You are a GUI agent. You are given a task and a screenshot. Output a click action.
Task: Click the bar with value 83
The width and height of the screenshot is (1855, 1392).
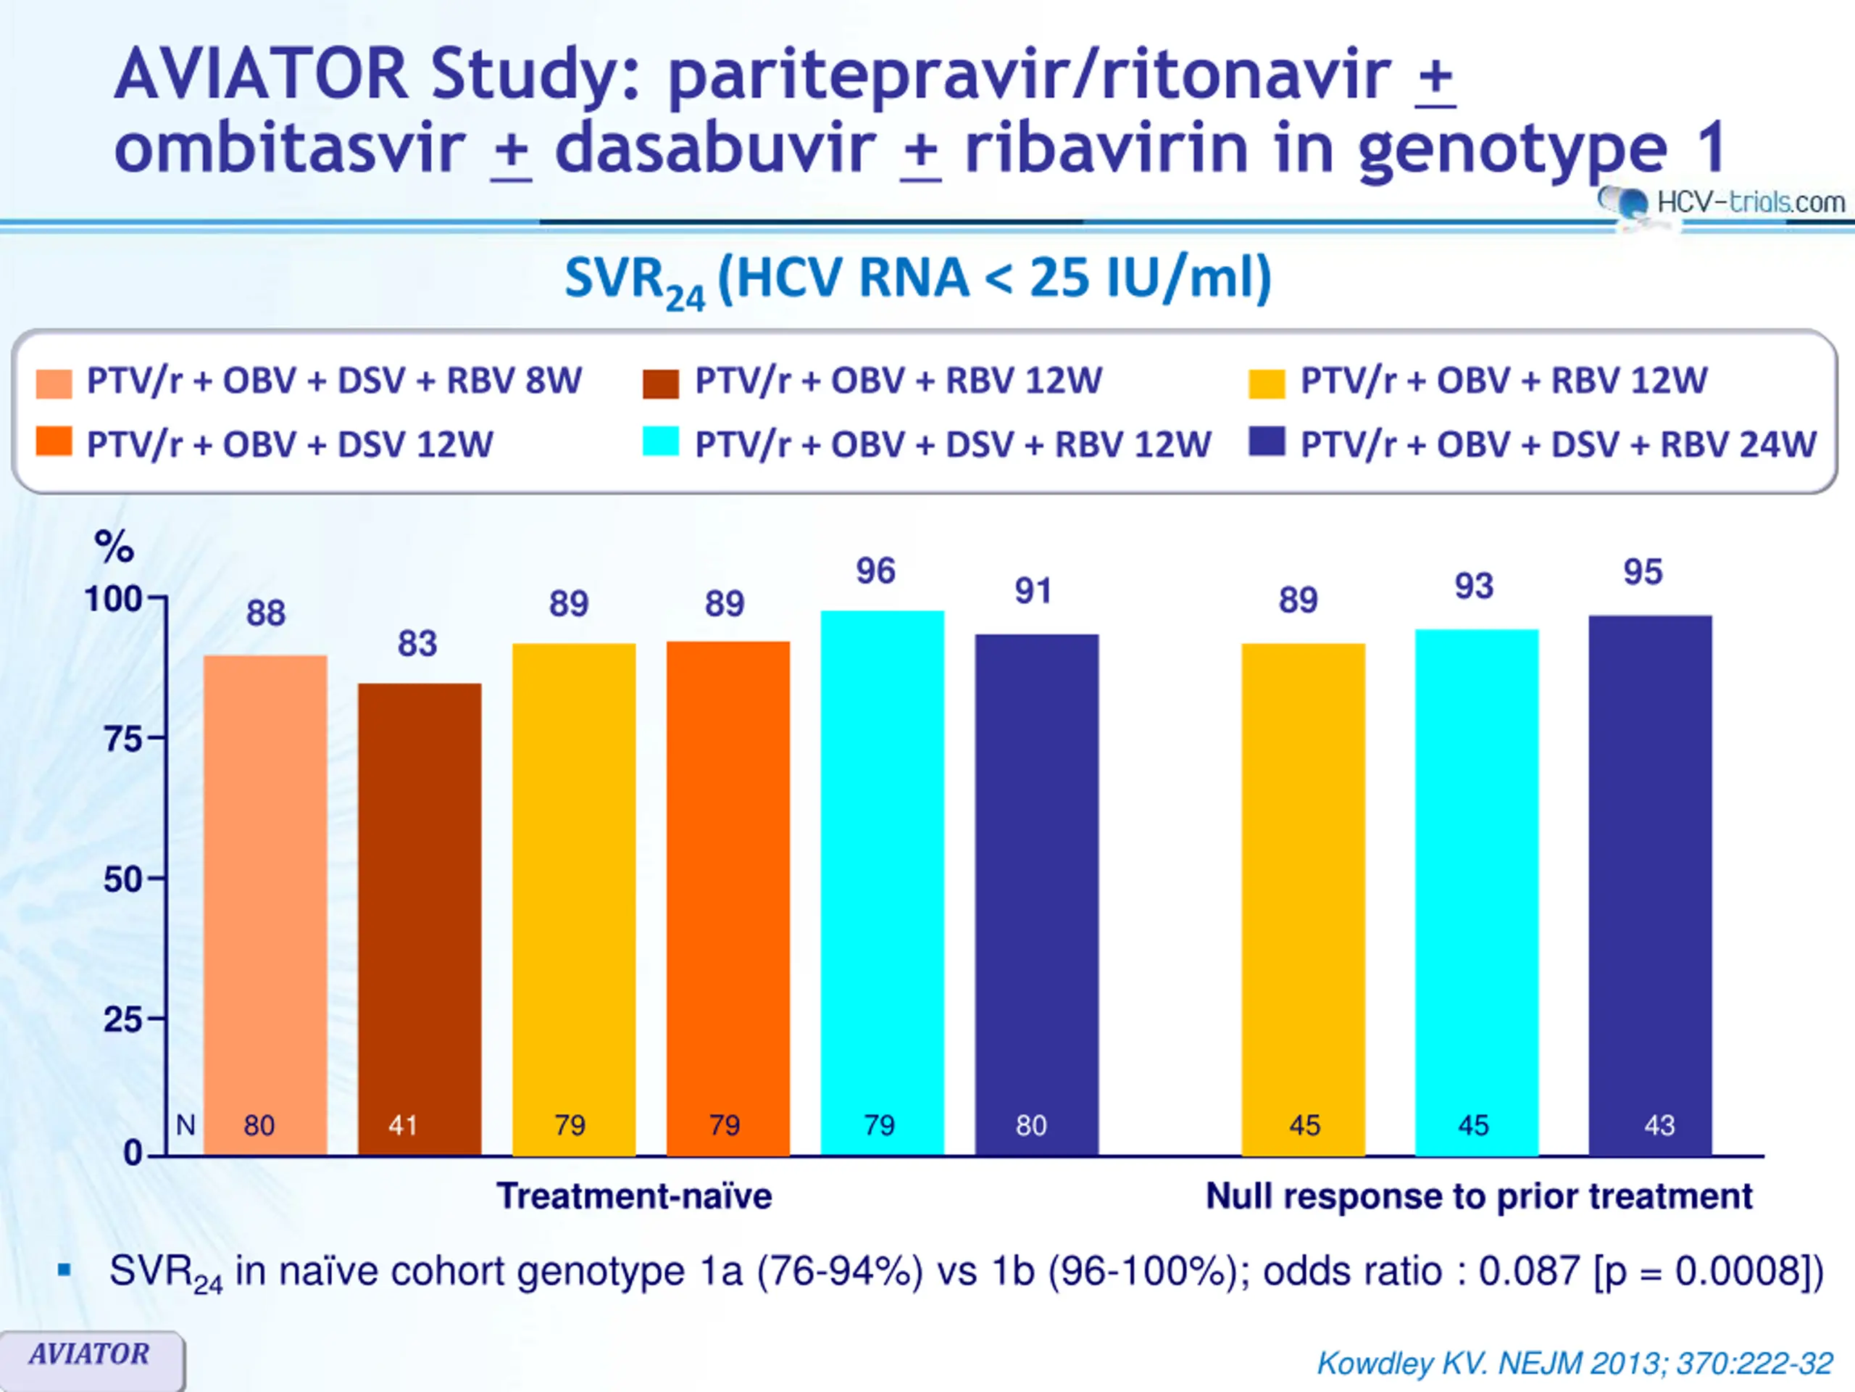420,919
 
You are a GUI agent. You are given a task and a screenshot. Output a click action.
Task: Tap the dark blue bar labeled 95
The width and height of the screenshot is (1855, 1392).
1649,885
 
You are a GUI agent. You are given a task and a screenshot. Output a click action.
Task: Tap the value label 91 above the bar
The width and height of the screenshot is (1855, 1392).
1033,592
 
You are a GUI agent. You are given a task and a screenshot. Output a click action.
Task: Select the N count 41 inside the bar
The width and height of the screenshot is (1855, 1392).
404,1125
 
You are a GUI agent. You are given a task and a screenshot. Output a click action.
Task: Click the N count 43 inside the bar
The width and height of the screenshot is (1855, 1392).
1659,1125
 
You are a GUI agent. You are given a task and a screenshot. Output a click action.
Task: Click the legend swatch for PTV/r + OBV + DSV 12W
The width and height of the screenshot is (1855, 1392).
54,442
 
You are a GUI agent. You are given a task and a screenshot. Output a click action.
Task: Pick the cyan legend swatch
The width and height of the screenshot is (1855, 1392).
660,442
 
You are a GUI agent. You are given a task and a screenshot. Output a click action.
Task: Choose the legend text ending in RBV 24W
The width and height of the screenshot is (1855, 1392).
1558,444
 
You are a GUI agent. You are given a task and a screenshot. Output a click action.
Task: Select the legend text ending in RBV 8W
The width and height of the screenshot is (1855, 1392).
334,381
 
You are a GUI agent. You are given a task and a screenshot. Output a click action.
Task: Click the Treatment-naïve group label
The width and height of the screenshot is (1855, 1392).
634,1196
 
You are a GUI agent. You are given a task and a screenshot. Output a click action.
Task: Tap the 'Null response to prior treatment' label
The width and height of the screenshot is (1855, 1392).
1478,1196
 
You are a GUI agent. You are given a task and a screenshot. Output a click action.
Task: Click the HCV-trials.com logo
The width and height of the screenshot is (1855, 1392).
1723,202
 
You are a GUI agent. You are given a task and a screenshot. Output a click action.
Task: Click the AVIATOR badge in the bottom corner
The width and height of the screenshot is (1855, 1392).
90,1354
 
